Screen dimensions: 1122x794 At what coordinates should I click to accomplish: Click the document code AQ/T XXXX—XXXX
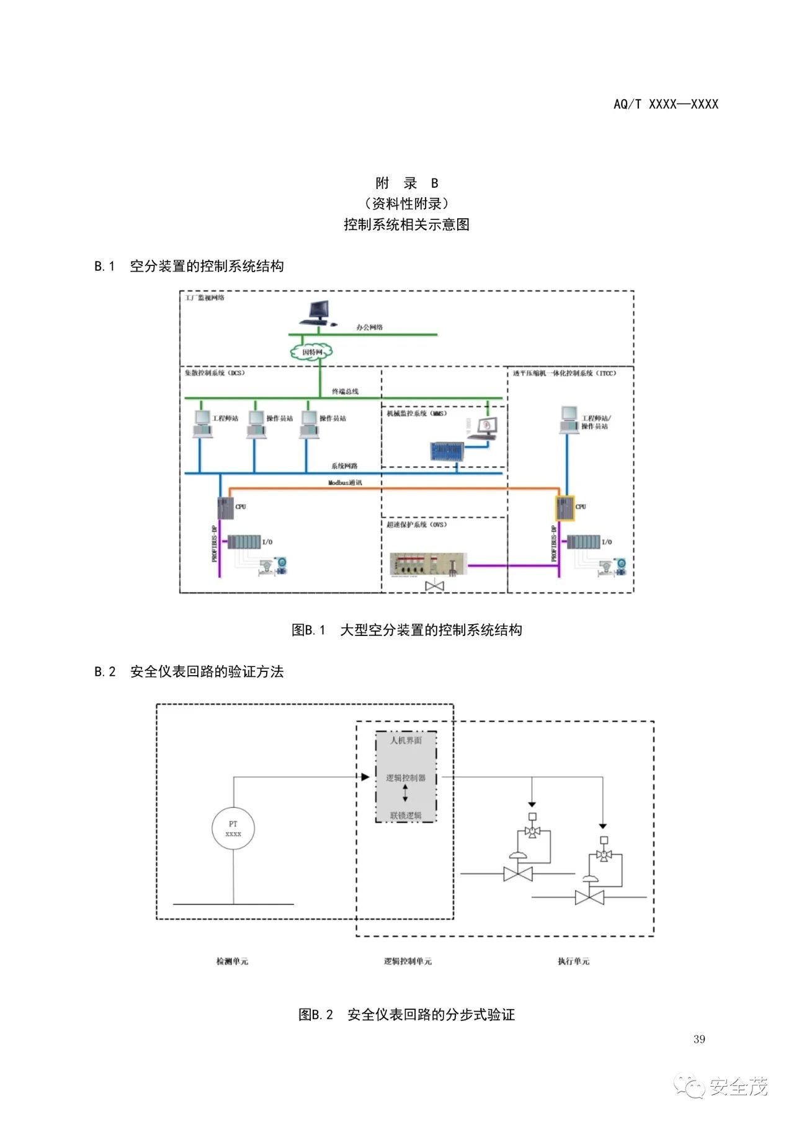coord(666,104)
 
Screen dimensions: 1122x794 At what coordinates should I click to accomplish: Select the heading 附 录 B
coord(407,183)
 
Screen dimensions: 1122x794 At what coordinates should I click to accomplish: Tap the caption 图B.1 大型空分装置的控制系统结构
coord(407,630)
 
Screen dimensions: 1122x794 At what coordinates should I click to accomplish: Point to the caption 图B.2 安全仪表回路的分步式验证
coord(407,1015)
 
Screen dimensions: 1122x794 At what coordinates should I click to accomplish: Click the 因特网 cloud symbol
coord(311,352)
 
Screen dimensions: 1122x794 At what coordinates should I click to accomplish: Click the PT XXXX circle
coord(233,829)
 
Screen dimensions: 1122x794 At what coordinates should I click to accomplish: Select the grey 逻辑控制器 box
coord(406,777)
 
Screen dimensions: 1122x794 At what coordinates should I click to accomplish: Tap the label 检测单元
coord(232,961)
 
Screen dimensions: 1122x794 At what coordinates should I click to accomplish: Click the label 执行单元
coord(573,961)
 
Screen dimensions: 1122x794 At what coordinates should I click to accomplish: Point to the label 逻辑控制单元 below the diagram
coord(408,961)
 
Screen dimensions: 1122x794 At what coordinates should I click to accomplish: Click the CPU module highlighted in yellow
coord(564,508)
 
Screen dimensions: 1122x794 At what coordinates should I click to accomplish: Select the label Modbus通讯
coord(345,482)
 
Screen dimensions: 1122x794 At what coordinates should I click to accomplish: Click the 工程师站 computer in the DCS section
coord(202,423)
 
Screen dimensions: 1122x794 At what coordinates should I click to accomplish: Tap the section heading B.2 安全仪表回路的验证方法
coord(189,671)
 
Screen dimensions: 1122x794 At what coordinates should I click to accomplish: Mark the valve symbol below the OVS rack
coord(435,585)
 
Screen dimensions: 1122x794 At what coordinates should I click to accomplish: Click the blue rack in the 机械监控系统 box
coord(447,451)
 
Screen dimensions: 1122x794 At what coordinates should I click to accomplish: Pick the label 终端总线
coord(345,391)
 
